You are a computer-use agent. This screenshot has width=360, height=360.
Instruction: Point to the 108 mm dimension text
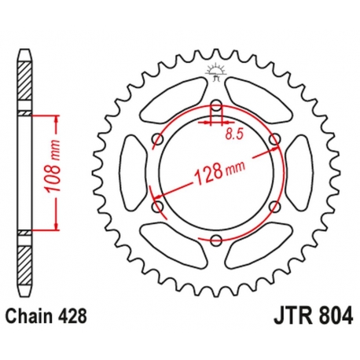[46, 173]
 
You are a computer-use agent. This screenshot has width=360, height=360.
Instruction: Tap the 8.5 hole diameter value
[233, 134]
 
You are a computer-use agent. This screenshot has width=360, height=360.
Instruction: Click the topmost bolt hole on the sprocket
[216, 105]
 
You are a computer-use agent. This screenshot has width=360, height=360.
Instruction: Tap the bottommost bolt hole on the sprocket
[216, 241]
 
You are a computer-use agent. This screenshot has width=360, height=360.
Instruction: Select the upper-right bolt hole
[274, 140]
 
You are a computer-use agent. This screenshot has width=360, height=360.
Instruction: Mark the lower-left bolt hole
[157, 208]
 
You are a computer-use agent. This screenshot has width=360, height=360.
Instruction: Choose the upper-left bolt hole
[157, 140]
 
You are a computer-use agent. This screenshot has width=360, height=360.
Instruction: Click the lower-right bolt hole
[274, 208]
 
